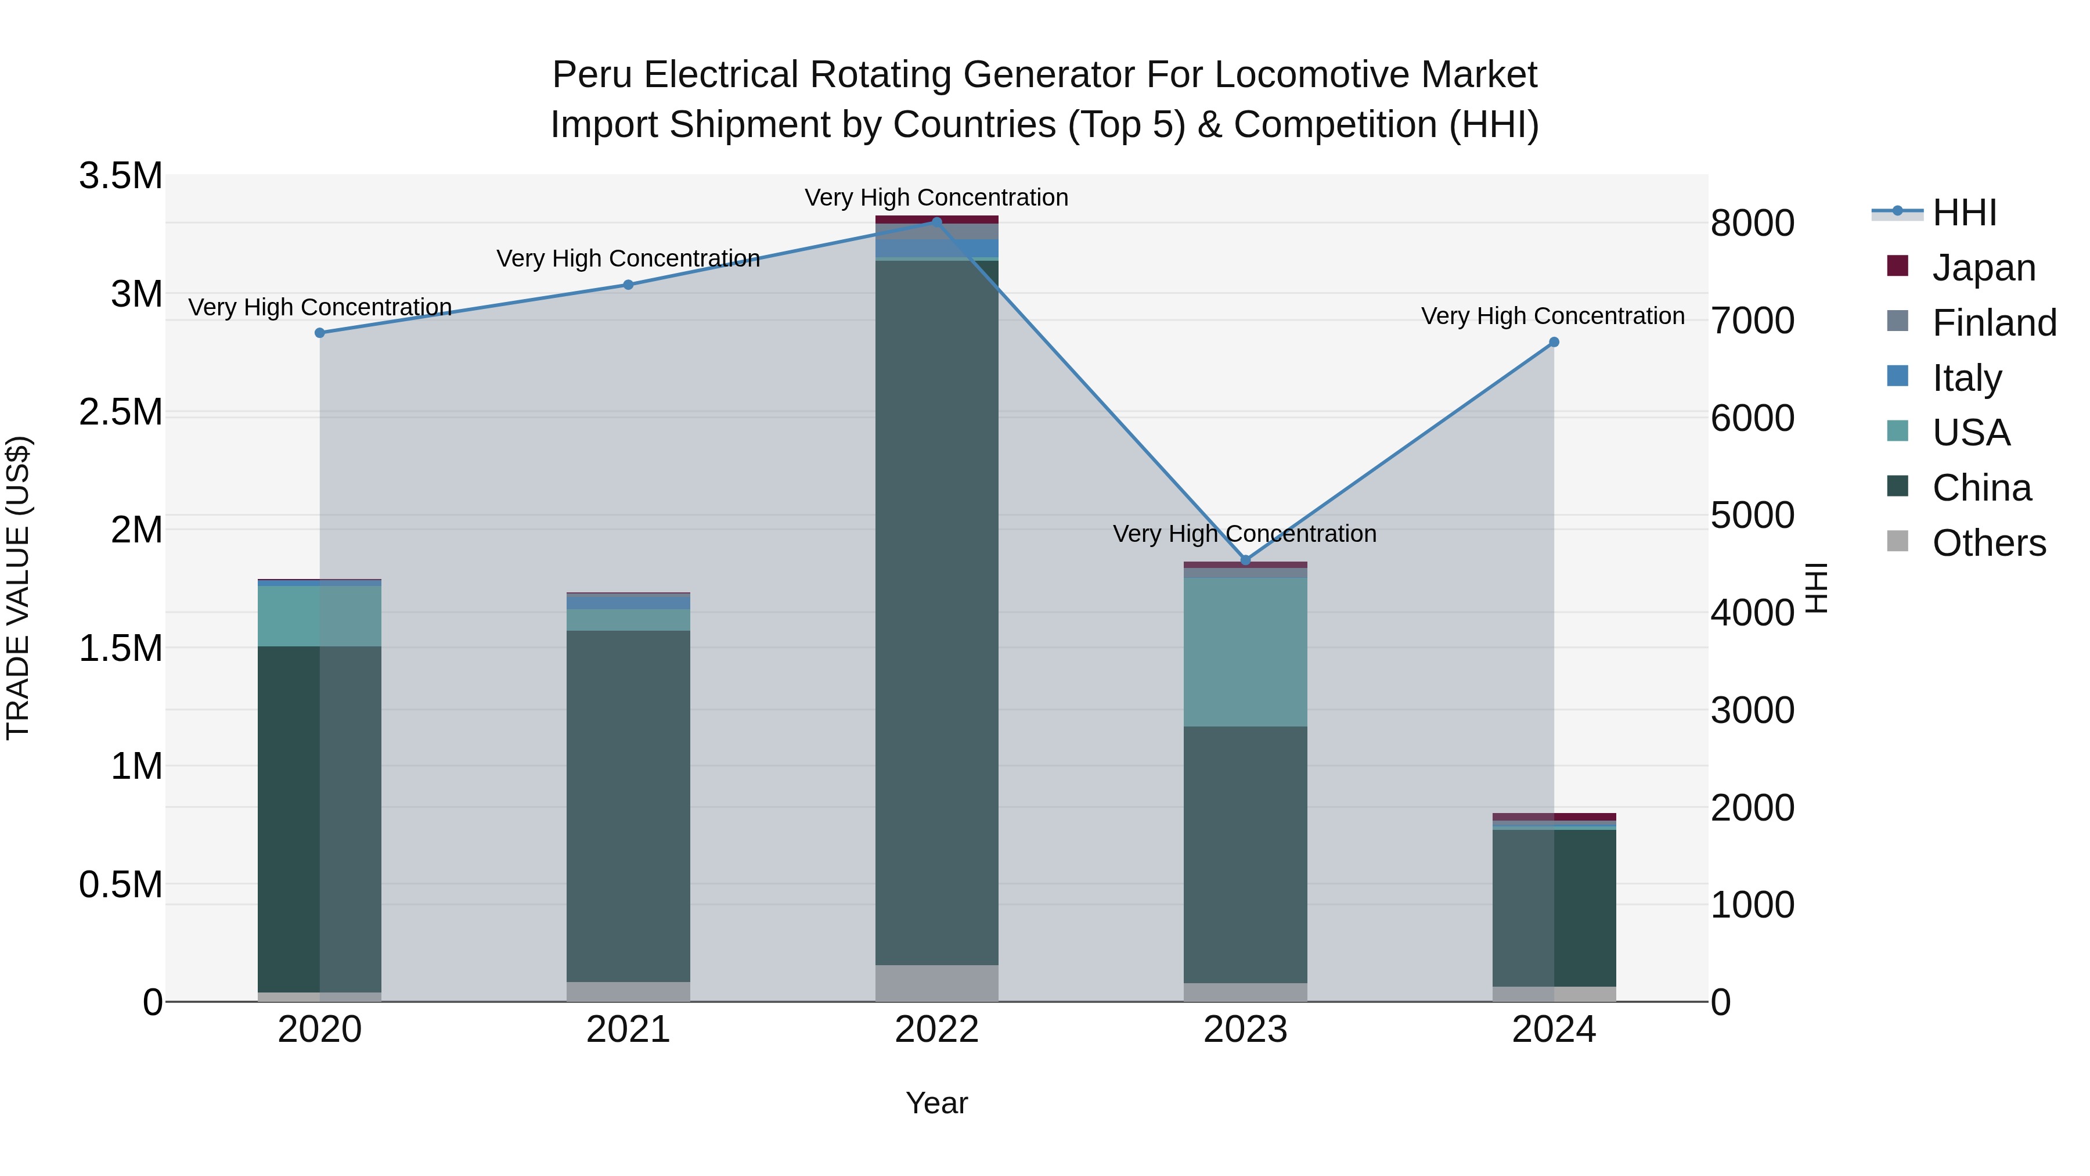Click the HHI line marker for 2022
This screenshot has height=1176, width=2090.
click(x=936, y=222)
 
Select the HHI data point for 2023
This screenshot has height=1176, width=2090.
click(x=1245, y=560)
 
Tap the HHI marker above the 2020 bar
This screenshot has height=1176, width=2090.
click(x=320, y=333)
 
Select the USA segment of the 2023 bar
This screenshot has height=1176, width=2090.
click(x=1245, y=652)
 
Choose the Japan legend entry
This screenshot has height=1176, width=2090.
click(x=1983, y=267)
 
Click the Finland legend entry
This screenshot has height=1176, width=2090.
click(x=1994, y=322)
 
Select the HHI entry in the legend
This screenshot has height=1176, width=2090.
click(x=1963, y=213)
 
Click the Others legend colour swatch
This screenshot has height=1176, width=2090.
click(x=1898, y=541)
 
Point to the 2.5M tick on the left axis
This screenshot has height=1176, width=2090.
click(x=121, y=412)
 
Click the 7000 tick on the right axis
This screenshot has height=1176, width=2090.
click(x=1753, y=321)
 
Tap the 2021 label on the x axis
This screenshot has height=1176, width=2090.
click(x=628, y=1030)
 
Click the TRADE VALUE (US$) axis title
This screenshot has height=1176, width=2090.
click(x=18, y=588)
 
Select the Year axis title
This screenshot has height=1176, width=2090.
click(x=936, y=1103)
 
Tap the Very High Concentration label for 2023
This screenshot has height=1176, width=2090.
click(x=1245, y=534)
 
